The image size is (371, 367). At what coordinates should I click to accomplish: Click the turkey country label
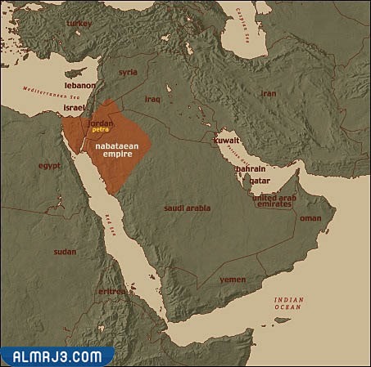pyautogui.click(x=79, y=25)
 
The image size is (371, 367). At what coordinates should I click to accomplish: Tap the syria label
pyautogui.click(x=128, y=72)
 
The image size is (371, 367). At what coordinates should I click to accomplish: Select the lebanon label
pyautogui.click(x=81, y=85)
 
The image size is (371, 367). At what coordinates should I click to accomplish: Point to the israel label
pyautogui.click(x=75, y=107)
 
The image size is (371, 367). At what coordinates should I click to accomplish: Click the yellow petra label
pyautogui.click(x=101, y=129)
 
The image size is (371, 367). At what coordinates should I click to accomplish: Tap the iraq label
pyautogui.click(x=153, y=99)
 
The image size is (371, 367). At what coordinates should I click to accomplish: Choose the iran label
pyautogui.click(x=268, y=93)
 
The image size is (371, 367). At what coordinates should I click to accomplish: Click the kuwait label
pyautogui.click(x=227, y=141)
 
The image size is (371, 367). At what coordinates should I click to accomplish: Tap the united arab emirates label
pyautogui.click(x=272, y=200)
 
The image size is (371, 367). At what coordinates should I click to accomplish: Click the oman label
pyautogui.click(x=310, y=218)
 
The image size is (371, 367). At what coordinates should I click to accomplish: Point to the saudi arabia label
pyautogui.click(x=187, y=208)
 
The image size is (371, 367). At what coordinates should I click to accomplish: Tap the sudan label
pyautogui.click(x=65, y=252)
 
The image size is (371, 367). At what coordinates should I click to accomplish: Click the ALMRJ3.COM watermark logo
pyautogui.click(x=57, y=356)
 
